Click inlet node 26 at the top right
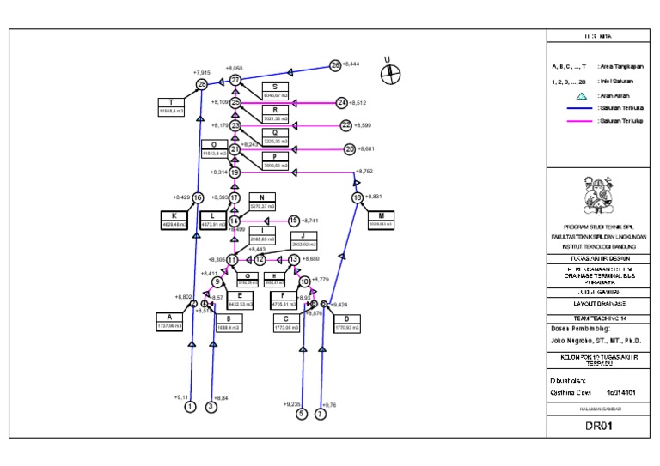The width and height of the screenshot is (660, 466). coord(335,65)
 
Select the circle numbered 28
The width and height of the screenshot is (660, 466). coord(202,84)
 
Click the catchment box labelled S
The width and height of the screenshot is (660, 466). coord(275,91)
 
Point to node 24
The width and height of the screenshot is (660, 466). coord(342,103)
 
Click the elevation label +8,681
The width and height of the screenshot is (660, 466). coord(366,149)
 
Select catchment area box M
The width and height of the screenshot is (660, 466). coord(381,218)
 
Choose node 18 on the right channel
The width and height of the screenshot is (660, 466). coord(357,198)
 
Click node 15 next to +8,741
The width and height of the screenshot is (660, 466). coord(294,221)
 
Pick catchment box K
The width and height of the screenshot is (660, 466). coord(174,219)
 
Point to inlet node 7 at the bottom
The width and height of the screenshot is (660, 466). coord(321,414)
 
